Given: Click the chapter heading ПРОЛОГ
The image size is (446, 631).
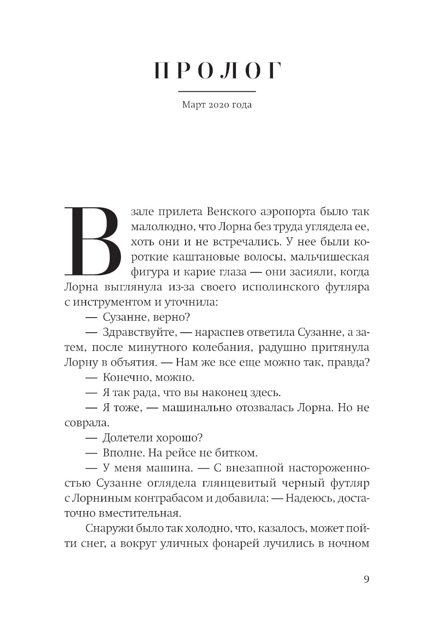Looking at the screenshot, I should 217,71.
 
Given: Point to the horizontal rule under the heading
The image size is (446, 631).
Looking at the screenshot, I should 217,91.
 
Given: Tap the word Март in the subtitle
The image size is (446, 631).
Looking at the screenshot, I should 194,105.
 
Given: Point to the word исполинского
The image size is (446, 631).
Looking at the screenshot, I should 287,287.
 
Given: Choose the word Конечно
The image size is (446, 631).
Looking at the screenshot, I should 122,378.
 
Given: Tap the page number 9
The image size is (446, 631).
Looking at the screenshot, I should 367,579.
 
